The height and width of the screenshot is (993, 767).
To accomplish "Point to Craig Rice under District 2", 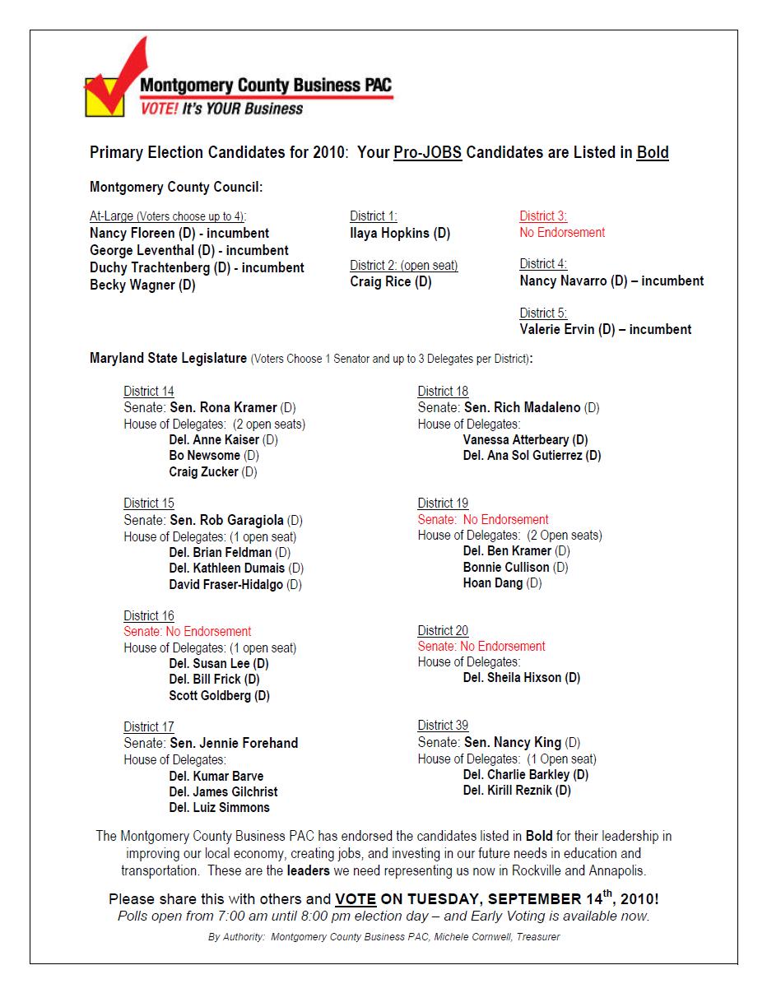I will (383, 282).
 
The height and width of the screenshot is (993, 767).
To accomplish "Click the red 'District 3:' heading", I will (543, 216).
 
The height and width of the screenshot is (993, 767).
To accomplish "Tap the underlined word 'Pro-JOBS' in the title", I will (427, 153).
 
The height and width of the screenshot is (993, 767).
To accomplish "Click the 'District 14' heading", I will (149, 392).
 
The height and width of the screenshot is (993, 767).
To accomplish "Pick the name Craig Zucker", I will (203, 472).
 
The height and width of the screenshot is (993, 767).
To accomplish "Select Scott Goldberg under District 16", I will (210, 696).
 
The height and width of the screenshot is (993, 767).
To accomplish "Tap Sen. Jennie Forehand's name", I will (234, 743).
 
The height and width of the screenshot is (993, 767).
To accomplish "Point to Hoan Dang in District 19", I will (493, 583).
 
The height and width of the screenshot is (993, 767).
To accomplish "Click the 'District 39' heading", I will (443, 726).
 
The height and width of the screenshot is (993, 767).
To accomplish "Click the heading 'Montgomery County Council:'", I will (176, 188).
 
